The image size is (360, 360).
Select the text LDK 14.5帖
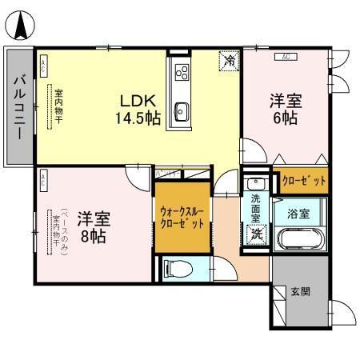(140, 110)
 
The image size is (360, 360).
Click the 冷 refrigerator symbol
(230, 60)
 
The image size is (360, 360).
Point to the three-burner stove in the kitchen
(181, 74)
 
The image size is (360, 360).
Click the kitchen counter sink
(181, 110)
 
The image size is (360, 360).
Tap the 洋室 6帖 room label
(285, 110)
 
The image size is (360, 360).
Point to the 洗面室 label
(255, 208)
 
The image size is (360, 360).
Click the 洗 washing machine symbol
(257, 235)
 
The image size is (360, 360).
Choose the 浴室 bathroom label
(299, 214)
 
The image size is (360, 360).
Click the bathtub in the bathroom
(299, 241)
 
